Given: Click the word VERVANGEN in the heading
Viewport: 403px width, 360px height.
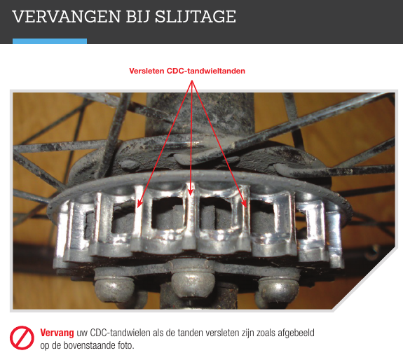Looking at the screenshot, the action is point(67,17).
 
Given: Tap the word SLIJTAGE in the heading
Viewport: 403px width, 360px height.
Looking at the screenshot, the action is point(196,17).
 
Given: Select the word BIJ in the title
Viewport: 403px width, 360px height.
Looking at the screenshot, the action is point(138,17).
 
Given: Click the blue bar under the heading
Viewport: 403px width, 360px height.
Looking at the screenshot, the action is point(50,41).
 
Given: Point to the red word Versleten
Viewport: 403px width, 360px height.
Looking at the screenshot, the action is point(146,71).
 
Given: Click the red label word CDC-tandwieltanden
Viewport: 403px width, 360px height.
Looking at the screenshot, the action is point(206,71).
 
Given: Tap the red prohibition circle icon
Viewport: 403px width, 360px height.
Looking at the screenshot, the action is point(22,338).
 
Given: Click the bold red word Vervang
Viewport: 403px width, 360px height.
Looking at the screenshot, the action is point(57,333).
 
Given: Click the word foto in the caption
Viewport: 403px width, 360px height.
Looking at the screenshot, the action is point(126,345).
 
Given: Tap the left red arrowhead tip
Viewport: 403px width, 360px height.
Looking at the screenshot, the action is point(138,207).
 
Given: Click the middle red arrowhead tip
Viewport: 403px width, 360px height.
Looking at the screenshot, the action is point(190,195).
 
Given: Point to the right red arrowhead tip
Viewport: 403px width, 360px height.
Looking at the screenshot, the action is point(246,207).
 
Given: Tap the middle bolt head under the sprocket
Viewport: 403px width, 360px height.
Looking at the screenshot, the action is point(193,281).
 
